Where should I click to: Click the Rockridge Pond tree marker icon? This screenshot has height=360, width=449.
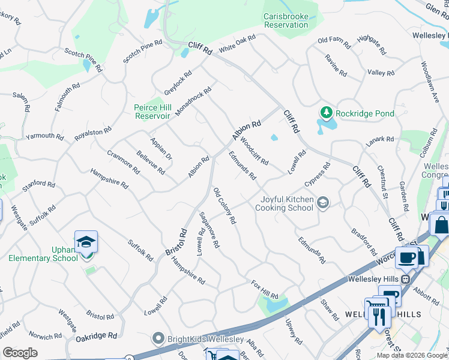tap(326, 113)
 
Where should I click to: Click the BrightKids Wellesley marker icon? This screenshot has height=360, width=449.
tap(158, 338)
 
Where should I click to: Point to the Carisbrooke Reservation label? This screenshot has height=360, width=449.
tap(286, 20)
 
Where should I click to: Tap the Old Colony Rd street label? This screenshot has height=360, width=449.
tap(224, 206)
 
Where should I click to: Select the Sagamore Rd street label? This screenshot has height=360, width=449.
tap(209, 230)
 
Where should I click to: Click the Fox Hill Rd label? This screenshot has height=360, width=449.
tap(265, 289)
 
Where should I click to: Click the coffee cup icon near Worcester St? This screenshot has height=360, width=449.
tap(406, 258)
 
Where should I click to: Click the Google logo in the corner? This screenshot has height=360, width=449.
tap(20, 353)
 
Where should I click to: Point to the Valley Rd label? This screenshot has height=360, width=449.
tap(381, 73)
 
